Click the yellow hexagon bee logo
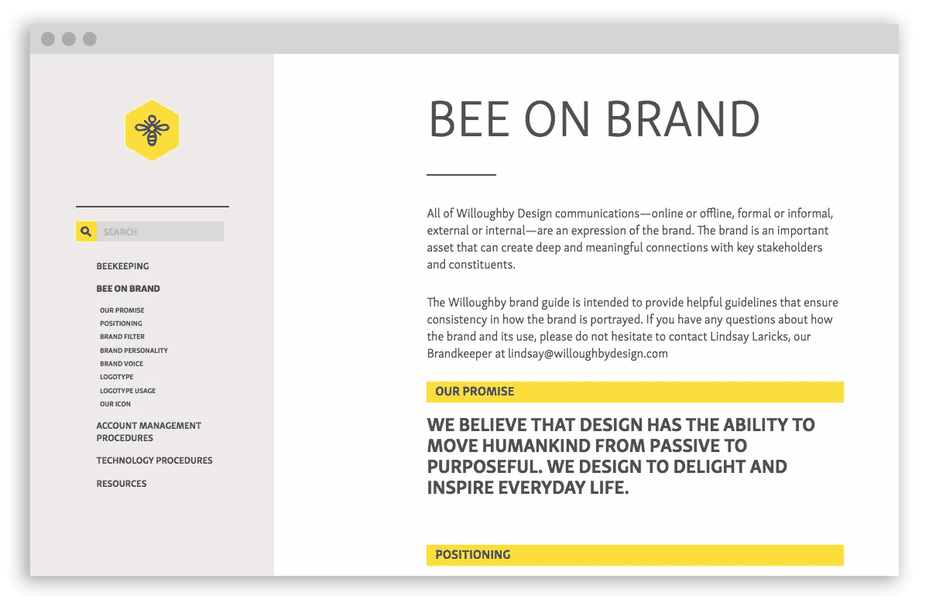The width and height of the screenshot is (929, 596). (153, 130)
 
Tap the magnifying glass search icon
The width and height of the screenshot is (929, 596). (86, 231)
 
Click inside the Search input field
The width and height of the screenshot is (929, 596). (160, 231)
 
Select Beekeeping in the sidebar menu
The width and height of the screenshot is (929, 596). (122, 266)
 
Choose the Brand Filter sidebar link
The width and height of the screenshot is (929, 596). (122, 337)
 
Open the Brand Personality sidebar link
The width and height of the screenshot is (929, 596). (133, 351)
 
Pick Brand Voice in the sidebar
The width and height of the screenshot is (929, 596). (121, 364)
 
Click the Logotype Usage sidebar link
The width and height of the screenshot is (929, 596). (127, 391)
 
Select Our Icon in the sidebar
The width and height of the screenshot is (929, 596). (115, 404)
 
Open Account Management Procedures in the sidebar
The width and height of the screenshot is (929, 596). (149, 432)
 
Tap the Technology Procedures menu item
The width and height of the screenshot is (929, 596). (154, 461)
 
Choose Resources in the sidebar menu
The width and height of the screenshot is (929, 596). (122, 484)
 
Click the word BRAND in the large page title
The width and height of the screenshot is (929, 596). (683, 119)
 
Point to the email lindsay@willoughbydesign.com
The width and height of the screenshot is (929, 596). (588, 354)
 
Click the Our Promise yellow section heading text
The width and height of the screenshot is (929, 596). (475, 392)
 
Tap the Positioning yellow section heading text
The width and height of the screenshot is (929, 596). (473, 555)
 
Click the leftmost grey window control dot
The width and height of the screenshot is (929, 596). (48, 39)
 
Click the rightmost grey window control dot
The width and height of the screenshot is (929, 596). (90, 39)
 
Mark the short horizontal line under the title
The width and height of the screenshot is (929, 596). (461, 175)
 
